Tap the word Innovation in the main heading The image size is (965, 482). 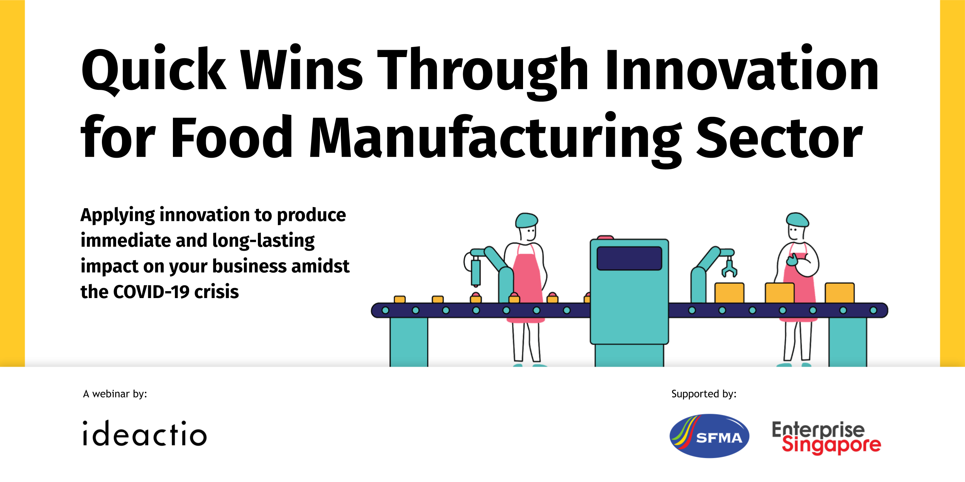click(x=742, y=67)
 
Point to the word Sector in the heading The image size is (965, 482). click(x=779, y=137)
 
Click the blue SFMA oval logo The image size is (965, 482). click(x=709, y=436)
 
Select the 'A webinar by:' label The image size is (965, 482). click(x=115, y=394)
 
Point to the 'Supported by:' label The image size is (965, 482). click(x=704, y=394)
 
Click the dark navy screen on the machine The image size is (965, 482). click(x=629, y=258)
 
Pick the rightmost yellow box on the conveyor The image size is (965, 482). click(x=840, y=293)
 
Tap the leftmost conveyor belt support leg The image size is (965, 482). click(x=409, y=342)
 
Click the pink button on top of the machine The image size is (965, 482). click(x=605, y=238)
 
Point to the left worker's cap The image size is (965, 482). click(x=526, y=220)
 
